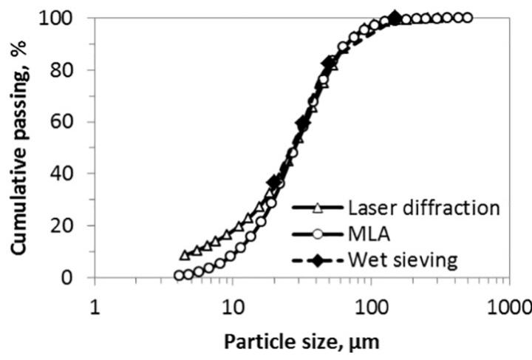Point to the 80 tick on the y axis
tap(65, 70)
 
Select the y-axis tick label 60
tap(65, 122)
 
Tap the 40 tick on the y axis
tap(65, 174)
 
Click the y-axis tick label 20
tap(65, 225)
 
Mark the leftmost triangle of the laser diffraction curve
tap(185, 255)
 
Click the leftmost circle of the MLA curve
tap(179, 276)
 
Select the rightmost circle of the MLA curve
tap(467, 18)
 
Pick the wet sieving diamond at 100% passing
tap(395, 18)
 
